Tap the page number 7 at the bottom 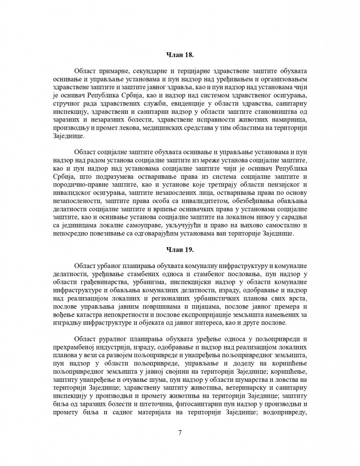(180, 432)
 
